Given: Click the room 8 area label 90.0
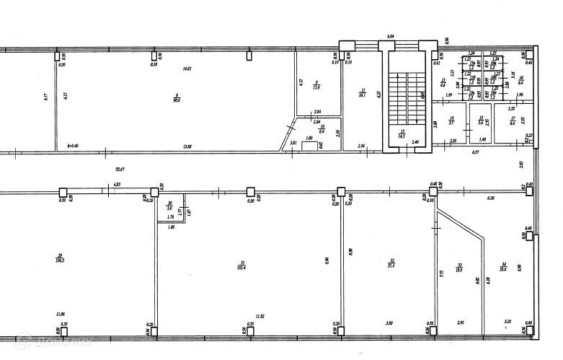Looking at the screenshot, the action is [176, 99].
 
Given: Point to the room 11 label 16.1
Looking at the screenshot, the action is [363, 93].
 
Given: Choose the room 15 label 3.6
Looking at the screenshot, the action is [482, 122].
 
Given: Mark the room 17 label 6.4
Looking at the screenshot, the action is [513, 122].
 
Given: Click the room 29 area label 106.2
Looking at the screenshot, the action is [60, 259].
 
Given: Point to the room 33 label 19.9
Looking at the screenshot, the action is [458, 268].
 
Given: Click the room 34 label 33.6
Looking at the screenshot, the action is [503, 268].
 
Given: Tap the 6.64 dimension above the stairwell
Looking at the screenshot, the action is [391, 35].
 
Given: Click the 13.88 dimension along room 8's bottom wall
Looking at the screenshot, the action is [187, 146].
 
